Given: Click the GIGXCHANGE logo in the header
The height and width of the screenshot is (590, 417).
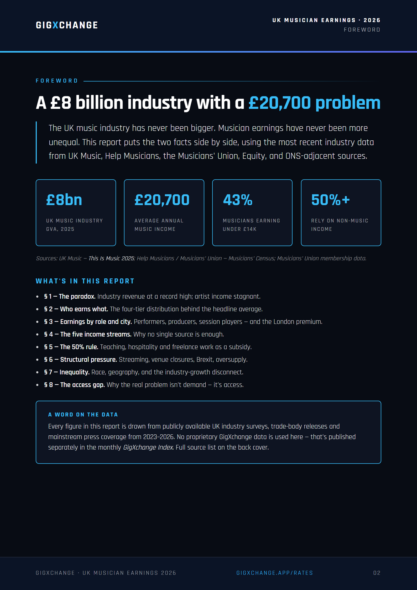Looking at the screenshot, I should (67, 25).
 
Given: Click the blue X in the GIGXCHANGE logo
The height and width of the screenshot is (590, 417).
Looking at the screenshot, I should (55, 25).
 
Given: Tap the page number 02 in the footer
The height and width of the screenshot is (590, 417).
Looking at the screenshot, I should (377, 573).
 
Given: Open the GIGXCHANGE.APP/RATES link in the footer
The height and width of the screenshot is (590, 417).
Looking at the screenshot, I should (275, 573).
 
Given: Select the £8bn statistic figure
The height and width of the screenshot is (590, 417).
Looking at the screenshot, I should (64, 200).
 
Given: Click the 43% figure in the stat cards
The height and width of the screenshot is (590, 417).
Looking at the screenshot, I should (238, 200).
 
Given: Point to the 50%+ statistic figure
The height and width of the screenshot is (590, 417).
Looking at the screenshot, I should (330, 200).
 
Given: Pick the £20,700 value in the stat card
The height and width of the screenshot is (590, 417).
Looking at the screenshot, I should (162, 200).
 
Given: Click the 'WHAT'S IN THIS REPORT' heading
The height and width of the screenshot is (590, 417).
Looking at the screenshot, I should (85, 281).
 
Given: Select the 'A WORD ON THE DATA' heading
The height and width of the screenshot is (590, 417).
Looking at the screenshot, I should (83, 415).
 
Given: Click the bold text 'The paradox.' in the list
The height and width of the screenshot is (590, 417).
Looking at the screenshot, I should (77, 297).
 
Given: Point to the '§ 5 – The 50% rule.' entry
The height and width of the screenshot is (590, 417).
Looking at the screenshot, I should (71, 347).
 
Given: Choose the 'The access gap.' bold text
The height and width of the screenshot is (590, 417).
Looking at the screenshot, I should (82, 385).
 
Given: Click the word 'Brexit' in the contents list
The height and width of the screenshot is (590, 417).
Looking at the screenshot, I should (204, 360).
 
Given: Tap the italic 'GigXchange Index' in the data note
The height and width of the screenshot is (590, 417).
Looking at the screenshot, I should (148, 447).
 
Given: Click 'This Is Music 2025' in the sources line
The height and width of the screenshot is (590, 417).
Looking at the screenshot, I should (111, 258).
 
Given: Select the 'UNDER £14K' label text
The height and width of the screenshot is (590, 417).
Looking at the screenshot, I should (239, 229).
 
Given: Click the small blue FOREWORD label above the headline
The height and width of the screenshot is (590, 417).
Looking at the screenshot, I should (57, 81).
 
